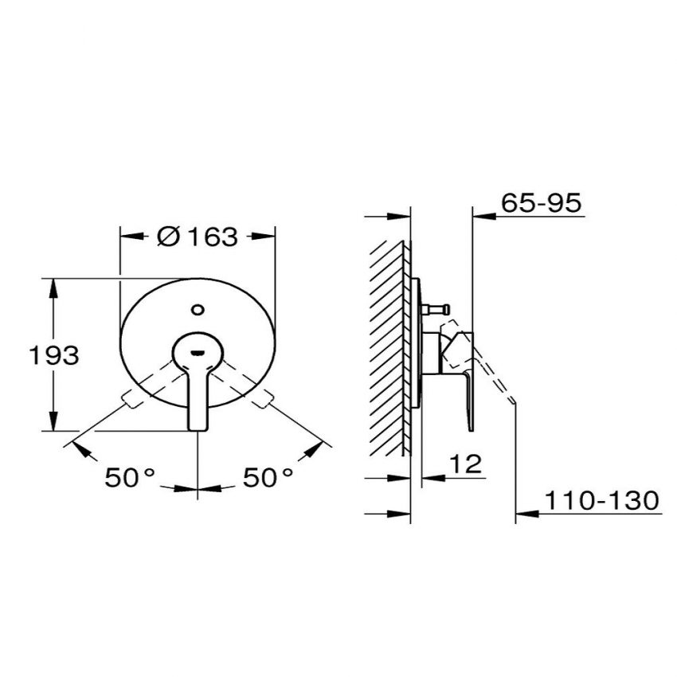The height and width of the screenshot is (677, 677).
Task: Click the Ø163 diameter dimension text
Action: pos(198,237)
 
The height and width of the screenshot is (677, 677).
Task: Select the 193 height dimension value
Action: pos(54,355)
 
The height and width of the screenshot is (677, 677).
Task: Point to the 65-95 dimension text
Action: pos(542,203)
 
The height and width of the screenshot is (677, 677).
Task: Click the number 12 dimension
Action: pos(467,465)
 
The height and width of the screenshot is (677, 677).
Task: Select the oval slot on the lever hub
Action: pos(197,345)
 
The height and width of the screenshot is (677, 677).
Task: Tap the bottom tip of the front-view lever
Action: pos(197,429)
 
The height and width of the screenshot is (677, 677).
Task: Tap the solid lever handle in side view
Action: pos(471,390)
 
